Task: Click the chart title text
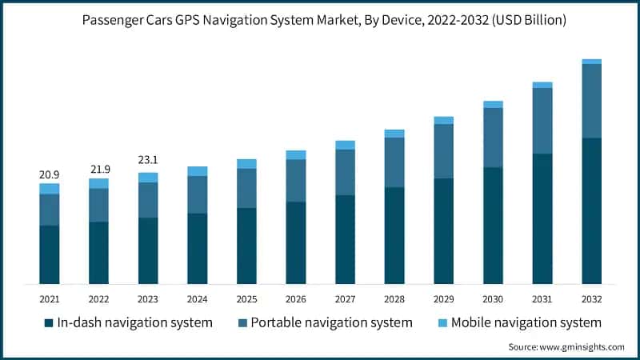tap(320, 20)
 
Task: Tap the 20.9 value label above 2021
tap(50, 174)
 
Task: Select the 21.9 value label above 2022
tap(98, 169)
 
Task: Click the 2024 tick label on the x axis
tap(197, 298)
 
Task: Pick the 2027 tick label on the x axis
tap(345, 298)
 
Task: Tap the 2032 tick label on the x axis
tap(592, 298)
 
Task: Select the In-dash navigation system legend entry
tap(128, 323)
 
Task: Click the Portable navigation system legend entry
tap(323, 323)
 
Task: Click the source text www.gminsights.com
tap(566, 347)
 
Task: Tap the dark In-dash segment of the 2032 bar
tap(592, 211)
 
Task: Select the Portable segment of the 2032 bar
tap(592, 101)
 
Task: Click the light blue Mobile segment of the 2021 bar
tap(50, 189)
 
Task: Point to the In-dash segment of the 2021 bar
tap(50, 254)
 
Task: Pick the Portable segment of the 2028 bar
tap(394, 162)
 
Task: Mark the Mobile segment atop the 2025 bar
tap(246, 164)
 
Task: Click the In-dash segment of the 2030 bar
tap(493, 226)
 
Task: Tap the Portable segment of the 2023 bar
tap(148, 200)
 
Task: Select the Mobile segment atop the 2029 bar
tap(444, 120)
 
